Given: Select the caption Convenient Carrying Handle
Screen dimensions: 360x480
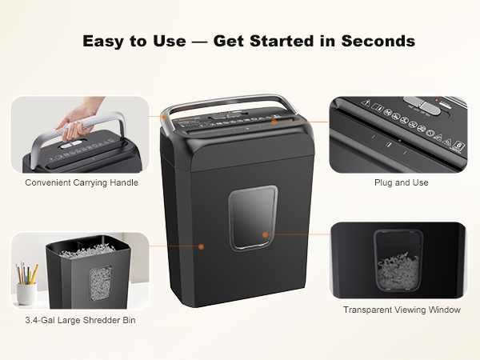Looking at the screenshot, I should pyautogui.click(x=82, y=182).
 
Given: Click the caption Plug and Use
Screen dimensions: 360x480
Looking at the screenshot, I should pyautogui.click(x=402, y=182).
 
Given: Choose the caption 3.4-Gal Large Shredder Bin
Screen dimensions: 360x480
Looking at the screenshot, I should pyautogui.click(x=77, y=321).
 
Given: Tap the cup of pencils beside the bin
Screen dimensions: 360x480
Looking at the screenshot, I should pyautogui.click(x=27, y=284).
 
